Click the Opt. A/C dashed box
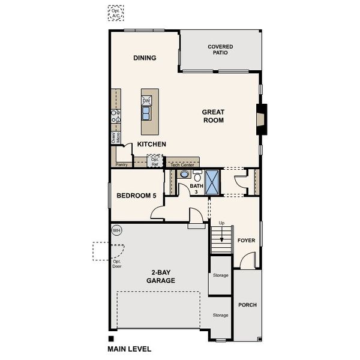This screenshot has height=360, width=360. pos(116,13)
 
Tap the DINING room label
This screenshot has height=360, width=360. pos(145,58)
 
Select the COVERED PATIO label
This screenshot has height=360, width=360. pos(220,49)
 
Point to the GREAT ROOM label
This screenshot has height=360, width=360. pos(212,116)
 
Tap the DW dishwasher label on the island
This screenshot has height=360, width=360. pos(146,101)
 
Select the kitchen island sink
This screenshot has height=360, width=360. pos(146,113)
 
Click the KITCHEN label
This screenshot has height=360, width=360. pos(151,145)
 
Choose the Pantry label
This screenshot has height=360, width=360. pos(122,163)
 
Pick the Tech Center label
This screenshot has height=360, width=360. pos(182,164)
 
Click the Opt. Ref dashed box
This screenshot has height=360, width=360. pos(155,160)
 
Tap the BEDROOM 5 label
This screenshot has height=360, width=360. pos(136,196)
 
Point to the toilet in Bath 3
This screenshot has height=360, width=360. pos(197,176)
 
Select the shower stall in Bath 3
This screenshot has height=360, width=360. pos(212,181)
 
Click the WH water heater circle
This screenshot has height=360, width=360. pos(116,230)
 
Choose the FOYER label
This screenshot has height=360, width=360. pos(246,241)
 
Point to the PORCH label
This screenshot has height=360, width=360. pos(247,305)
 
